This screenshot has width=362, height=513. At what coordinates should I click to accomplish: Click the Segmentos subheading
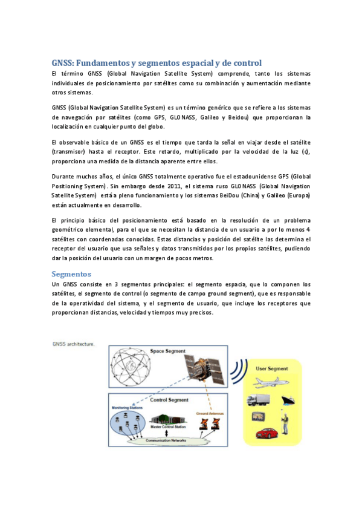click(71, 273)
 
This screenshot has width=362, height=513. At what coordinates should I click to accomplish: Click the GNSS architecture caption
click(73, 344)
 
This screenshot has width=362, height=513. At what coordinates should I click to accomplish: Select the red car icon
click(267, 433)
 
